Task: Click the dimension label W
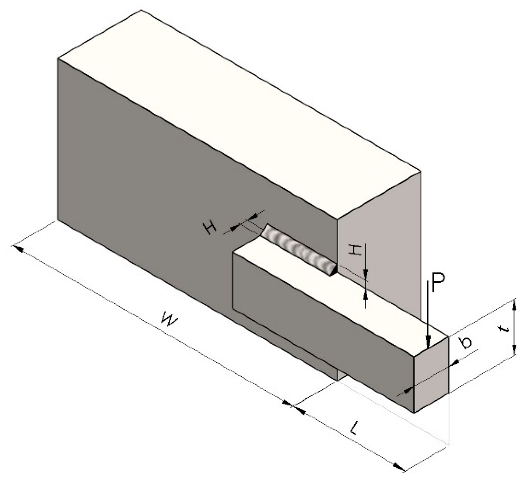pyautogui.click(x=169, y=321)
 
